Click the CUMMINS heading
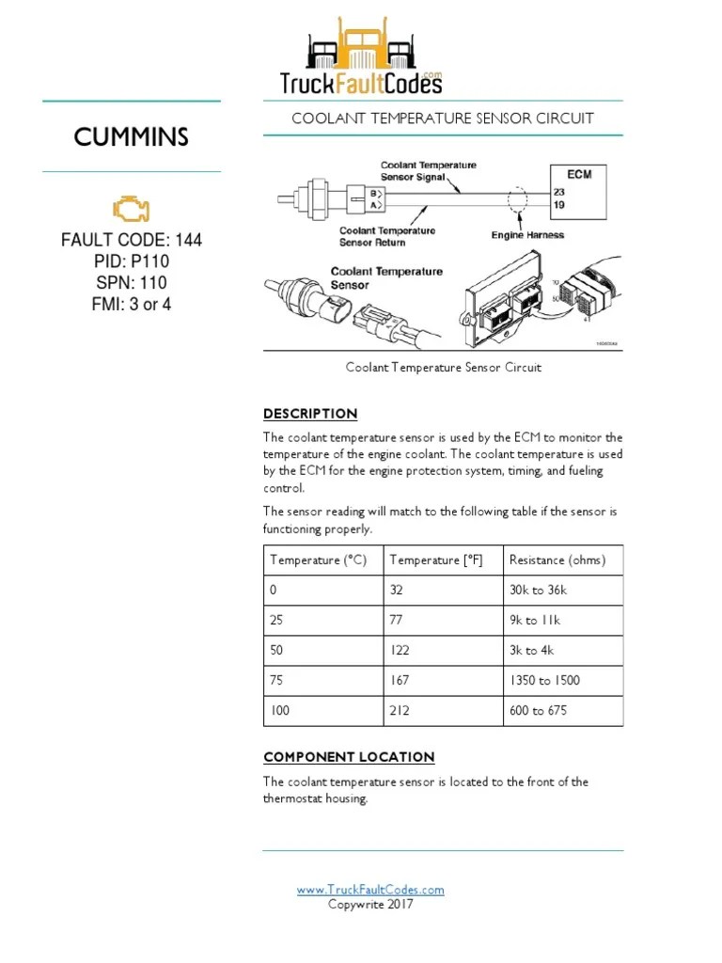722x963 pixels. pos(132,138)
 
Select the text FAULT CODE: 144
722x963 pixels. pos(132,241)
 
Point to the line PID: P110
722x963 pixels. pos(132,261)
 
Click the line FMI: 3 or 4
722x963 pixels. pos(132,304)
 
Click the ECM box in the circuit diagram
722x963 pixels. pos(579,188)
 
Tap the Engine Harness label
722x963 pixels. pos(527,235)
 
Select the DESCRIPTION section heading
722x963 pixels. pos(310,414)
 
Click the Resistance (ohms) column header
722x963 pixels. pos(557,560)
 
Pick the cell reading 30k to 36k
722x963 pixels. pos(538,591)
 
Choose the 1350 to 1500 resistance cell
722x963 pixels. pos(544,681)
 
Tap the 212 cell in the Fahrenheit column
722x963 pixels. pos(400,711)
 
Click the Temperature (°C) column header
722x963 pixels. pos(318,560)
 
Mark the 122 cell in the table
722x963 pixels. pos(400,651)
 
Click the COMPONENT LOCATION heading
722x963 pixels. pos(349,757)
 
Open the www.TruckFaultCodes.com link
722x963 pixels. pos(370,890)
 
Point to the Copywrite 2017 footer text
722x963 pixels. pos(370,905)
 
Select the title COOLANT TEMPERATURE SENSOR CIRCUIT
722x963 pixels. pos(443,118)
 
